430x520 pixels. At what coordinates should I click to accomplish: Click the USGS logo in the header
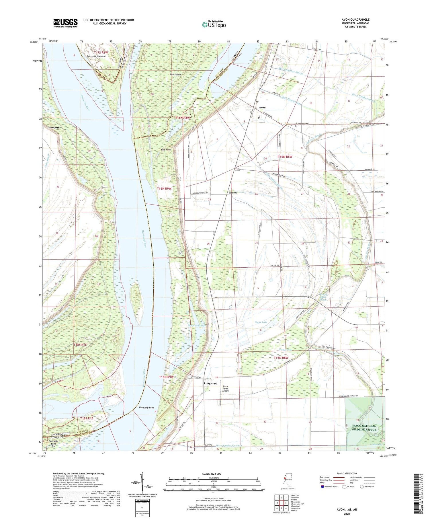point(65,23)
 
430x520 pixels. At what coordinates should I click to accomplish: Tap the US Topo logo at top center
point(214,24)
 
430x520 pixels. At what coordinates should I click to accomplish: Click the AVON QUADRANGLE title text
point(355,20)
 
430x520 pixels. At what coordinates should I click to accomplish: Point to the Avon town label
point(262,107)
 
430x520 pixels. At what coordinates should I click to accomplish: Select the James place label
point(233,192)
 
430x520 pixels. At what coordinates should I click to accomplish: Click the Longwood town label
point(210,383)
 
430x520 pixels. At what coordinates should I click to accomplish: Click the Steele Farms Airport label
point(226,388)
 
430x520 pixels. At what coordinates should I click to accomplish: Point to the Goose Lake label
point(261,322)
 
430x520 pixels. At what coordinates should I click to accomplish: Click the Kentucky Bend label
point(146,408)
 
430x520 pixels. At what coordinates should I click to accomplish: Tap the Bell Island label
point(175,74)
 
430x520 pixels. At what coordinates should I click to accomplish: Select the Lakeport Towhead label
point(96,57)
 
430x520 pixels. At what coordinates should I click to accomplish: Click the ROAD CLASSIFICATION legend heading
point(347,473)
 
